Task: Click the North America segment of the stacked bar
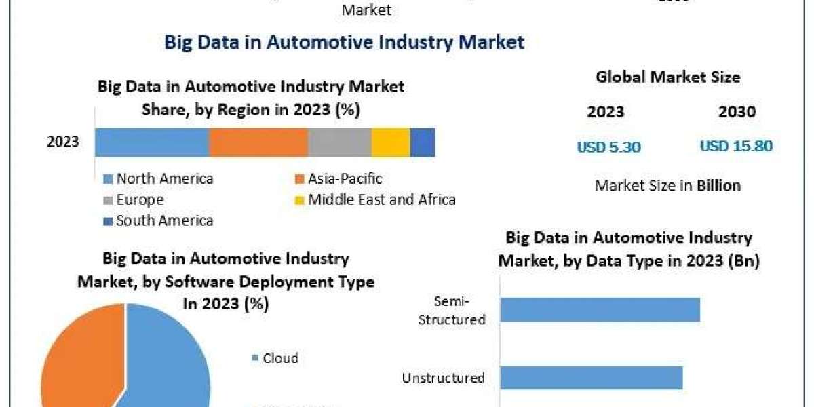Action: click(152, 142)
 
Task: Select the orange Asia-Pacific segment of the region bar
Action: click(258, 142)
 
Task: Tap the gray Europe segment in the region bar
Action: click(339, 142)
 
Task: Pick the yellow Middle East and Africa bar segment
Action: click(391, 142)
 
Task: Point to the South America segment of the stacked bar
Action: click(423, 142)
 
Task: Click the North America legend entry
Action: click(159, 179)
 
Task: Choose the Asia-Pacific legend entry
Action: click(338, 179)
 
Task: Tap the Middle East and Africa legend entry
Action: click(375, 199)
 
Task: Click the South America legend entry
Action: click(159, 220)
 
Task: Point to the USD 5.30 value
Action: click(608, 147)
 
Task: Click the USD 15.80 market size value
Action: click(736, 146)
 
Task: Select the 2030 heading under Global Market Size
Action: click(737, 112)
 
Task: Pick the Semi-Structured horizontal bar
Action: click(600, 309)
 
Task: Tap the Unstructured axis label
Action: click(444, 378)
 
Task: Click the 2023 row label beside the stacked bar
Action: click(63, 142)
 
